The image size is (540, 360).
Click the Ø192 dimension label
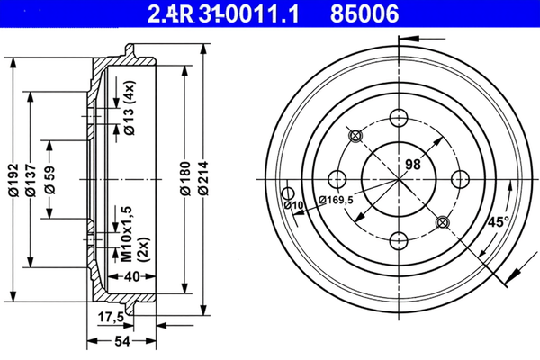click(13, 179)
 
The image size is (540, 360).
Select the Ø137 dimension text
click(31, 179)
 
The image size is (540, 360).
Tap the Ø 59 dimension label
click(50, 180)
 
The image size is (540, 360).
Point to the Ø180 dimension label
click(185, 178)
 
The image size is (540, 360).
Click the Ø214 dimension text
click(203, 178)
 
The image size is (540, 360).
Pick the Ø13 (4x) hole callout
click(130, 108)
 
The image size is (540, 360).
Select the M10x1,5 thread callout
click(127, 234)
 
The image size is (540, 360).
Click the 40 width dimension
click(132, 276)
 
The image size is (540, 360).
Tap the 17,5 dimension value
click(111, 317)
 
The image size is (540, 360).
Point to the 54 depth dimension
click(122, 341)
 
